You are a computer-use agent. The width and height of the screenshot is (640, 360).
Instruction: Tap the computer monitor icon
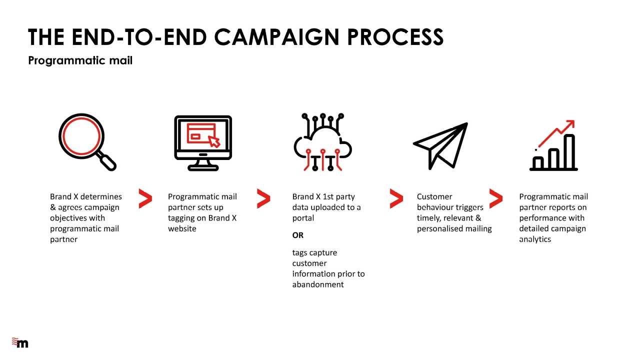(x=203, y=143)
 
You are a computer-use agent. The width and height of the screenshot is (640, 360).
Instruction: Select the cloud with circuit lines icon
(x=323, y=142)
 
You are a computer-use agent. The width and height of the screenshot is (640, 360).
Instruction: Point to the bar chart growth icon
(x=553, y=145)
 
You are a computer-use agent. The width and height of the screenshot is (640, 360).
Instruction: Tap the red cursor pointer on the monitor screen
(x=214, y=141)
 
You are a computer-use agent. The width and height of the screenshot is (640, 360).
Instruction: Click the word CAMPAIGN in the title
(x=276, y=37)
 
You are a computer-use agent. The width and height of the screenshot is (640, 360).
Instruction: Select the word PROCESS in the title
(x=395, y=37)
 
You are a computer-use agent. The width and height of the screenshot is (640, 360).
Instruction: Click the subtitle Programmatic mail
(x=80, y=60)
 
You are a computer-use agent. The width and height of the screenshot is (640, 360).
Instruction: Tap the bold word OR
(x=297, y=235)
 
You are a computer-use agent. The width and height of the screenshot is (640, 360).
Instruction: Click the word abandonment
(x=318, y=284)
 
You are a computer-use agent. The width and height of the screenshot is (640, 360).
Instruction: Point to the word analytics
(x=535, y=239)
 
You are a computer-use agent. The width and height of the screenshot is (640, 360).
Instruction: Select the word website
(x=182, y=228)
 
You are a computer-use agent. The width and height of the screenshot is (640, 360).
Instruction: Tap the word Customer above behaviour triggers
(x=434, y=196)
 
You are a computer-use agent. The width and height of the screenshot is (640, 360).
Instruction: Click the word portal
(x=303, y=218)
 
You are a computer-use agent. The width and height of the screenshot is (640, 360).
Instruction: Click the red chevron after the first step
(x=145, y=198)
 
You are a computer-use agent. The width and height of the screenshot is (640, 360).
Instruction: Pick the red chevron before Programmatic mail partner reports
(x=495, y=198)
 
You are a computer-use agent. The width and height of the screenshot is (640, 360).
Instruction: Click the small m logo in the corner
(x=20, y=342)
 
